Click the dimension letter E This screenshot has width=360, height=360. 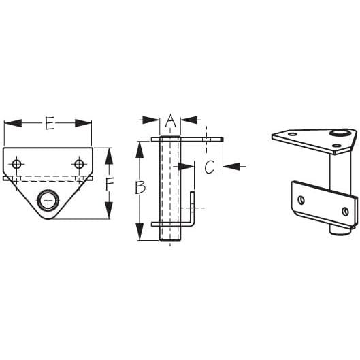point(49,123)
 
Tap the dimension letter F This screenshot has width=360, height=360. point(110,182)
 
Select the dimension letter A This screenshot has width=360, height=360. point(171,121)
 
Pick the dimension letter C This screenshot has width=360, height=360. point(210,165)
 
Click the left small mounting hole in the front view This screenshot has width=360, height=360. point(18,164)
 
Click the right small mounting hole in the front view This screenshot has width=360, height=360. point(79,164)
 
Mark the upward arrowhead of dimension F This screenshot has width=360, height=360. point(109,154)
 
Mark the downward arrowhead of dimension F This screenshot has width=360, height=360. point(109,212)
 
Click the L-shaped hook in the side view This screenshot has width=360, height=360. point(193,212)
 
